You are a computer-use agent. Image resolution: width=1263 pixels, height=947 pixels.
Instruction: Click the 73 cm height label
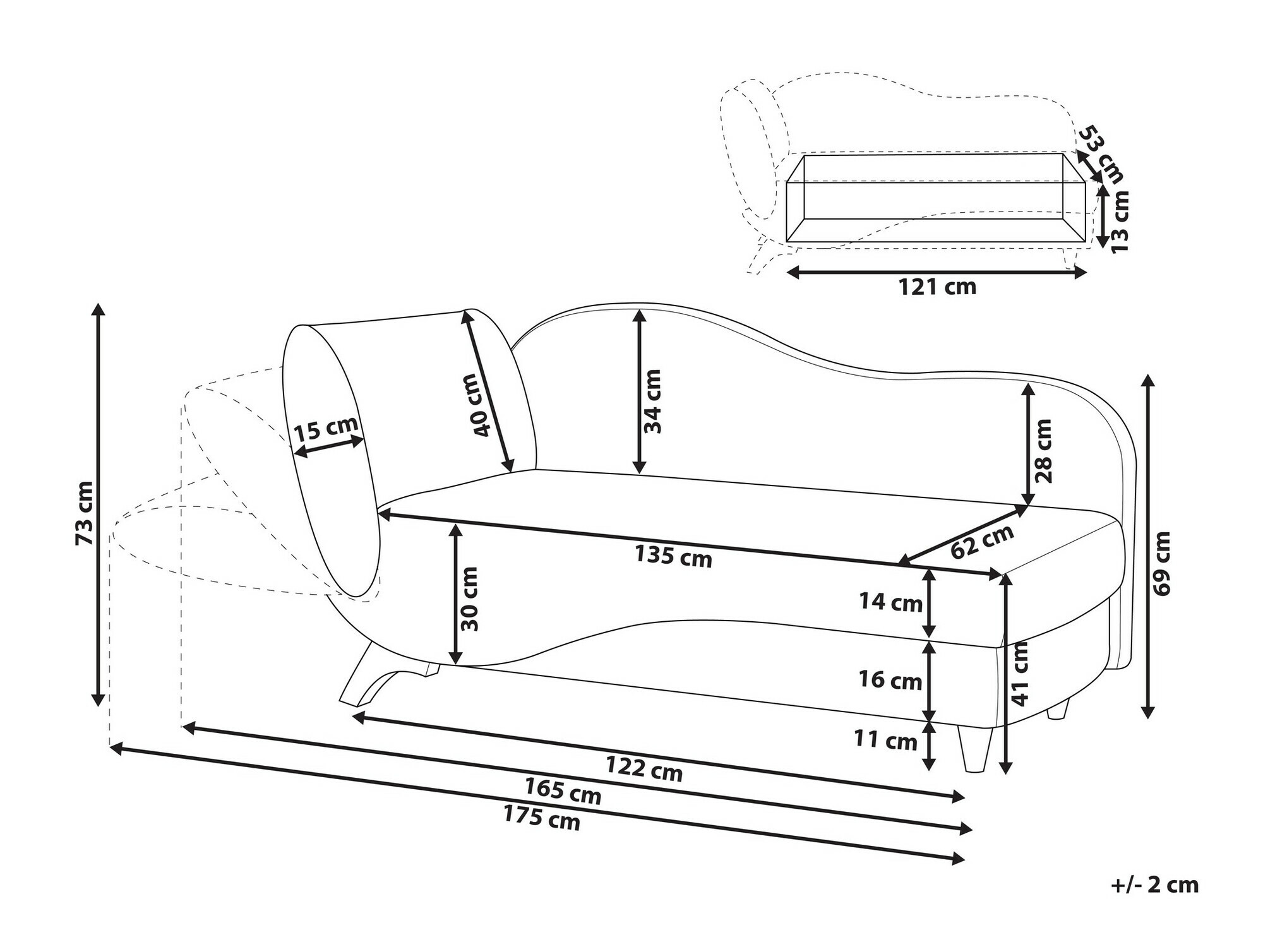click(x=84, y=513)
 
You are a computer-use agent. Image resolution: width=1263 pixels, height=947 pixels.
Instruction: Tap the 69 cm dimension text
click(x=1161, y=563)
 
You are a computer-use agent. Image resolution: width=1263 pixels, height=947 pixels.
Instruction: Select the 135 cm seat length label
click(x=673, y=557)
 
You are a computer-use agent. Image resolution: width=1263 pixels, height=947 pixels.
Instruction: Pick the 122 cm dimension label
click(x=644, y=769)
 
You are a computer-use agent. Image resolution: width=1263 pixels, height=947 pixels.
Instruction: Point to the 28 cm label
click(x=1044, y=450)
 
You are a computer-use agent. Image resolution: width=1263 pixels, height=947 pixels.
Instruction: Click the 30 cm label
click(x=469, y=599)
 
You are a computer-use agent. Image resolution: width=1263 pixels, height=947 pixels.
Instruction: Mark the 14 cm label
click(x=890, y=602)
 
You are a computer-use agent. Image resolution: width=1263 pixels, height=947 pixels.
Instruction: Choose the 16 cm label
click(x=890, y=680)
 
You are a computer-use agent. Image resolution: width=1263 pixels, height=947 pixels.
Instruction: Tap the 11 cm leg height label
click(x=885, y=739)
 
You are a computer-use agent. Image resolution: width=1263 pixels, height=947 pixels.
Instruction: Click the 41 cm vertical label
click(x=1020, y=673)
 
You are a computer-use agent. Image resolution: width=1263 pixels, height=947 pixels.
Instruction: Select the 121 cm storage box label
click(x=937, y=287)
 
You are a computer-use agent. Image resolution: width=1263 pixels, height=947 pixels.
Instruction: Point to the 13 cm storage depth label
click(x=1119, y=222)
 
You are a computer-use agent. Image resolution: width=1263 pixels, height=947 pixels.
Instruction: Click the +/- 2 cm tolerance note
click(x=1154, y=884)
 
